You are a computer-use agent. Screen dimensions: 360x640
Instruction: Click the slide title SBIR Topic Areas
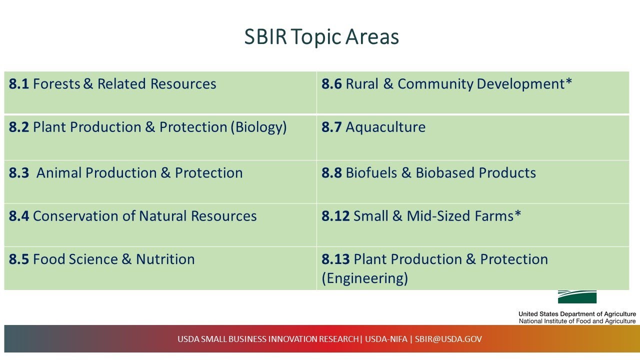[321, 37]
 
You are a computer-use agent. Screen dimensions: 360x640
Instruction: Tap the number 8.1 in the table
[19, 84]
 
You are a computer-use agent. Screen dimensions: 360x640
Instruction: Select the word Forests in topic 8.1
[56, 84]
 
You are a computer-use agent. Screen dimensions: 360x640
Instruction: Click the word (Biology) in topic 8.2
[258, 127]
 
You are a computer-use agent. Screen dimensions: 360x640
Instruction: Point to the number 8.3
[19, 173]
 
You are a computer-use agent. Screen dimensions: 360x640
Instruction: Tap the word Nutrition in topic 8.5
[165, 259]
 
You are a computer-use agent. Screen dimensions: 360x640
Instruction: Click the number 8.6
[331, 84]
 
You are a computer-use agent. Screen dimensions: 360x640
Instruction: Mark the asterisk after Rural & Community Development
[568, 82]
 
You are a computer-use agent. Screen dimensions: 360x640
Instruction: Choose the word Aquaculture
[385, 127]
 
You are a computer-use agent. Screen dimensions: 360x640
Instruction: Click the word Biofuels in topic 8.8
[371, 173]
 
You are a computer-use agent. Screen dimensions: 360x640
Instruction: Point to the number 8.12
[335, 216]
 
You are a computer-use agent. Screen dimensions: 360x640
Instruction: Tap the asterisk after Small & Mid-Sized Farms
[518, 214]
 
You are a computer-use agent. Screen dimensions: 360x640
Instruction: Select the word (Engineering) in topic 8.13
[364, 278]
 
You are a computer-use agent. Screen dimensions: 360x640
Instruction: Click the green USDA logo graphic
[577, 296]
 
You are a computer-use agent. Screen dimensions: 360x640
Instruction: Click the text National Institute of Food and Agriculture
[577, 321]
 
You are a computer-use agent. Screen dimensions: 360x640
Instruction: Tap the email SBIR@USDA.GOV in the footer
[448, 339]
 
